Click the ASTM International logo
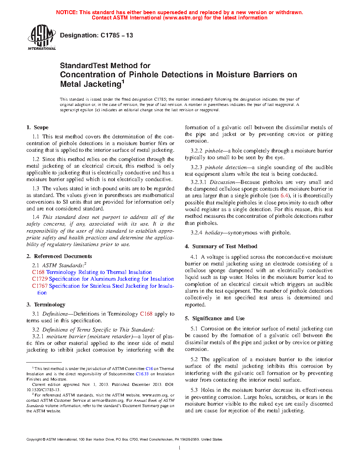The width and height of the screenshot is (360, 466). [x=41, y=37]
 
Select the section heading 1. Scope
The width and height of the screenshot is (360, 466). [x=37, y=127]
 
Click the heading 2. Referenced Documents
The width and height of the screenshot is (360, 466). [x=59, y=256]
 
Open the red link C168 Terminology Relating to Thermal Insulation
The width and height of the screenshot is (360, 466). [x=92, y=272]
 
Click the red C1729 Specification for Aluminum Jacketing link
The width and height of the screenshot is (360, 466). [x=103, y=279]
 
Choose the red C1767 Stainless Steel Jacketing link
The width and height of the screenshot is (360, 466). [x=103, y=286]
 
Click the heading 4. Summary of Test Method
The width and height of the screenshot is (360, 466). [x=221, y=246]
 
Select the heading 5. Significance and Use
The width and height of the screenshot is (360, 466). [x=215, y=318]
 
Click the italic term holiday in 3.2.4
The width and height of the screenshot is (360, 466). [x=214, y=233]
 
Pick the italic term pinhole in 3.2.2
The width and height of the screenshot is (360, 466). [x=214, y=151]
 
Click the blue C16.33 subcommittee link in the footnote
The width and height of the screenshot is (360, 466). [x=142, y=374]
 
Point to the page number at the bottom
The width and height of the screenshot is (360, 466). [x=180, y=448]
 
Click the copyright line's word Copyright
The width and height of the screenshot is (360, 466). [x=34, y=440]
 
